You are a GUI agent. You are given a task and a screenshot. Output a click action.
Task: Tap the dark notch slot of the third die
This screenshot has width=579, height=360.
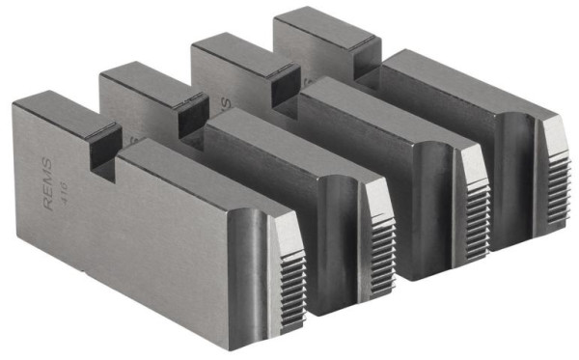click(285, 89)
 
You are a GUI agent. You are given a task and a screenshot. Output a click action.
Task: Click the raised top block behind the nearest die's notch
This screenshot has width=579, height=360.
click(58, 108)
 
